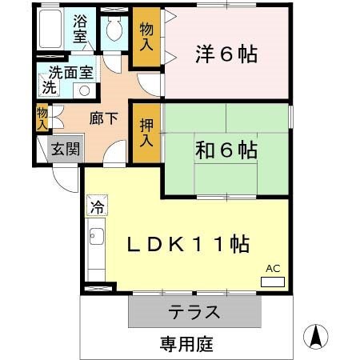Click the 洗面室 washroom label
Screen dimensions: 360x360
click(70, 72)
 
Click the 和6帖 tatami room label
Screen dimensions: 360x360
click(226, 149)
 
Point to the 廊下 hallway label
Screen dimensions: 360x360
click(104, 118)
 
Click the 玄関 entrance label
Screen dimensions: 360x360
click(63, 149)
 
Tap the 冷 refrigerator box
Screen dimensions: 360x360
click(97, 206)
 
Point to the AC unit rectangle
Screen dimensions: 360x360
click(272, 282)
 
